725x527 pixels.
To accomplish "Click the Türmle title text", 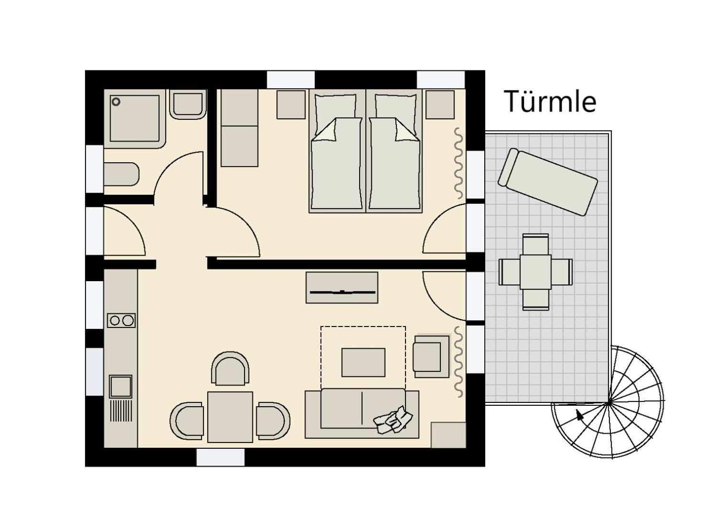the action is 550,101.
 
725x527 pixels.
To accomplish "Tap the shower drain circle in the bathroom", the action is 116,102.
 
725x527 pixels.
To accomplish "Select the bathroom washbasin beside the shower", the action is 188,104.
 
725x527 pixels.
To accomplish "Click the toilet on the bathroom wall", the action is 121,174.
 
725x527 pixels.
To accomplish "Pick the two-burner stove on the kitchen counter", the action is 121,320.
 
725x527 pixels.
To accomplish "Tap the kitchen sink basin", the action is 121,386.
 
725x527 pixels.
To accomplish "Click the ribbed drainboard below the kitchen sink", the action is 121,411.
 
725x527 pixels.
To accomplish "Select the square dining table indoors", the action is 230,417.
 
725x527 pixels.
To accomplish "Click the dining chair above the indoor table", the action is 230,369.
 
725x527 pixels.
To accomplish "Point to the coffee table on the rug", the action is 363,362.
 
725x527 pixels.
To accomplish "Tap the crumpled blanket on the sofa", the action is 393,420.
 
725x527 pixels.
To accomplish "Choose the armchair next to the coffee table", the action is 431,356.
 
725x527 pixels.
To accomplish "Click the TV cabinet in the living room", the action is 342,287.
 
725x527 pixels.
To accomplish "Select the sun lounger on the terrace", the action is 548,182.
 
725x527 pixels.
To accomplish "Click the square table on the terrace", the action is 536,272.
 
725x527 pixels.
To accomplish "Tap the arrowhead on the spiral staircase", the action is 580,415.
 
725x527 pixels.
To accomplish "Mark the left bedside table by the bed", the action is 291,105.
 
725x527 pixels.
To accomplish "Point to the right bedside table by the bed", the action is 440,105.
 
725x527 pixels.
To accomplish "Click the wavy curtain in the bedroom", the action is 458,163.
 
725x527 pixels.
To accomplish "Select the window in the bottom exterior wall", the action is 220,457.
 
